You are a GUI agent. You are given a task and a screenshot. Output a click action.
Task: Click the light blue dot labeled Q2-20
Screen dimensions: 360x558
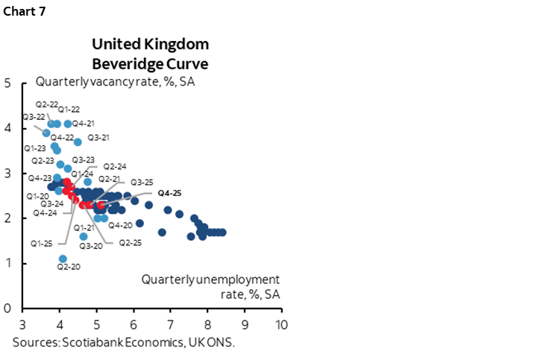pos(63,259)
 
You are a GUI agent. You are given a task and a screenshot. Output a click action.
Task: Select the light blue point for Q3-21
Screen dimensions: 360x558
pos(78,142)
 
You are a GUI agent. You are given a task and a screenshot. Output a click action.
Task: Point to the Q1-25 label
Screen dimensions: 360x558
pos(42,243)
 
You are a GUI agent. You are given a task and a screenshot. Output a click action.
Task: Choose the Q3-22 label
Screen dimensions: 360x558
pos(34,116)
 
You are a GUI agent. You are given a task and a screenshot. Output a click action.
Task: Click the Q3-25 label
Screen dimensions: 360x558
pos(142,182)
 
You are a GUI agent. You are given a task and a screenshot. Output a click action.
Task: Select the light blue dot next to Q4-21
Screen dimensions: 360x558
pos(68,124)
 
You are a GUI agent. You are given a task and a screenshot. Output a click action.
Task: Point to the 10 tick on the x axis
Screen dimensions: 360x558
pos(281,325)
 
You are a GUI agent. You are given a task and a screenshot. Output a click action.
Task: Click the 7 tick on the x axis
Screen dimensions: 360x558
pos(170,325)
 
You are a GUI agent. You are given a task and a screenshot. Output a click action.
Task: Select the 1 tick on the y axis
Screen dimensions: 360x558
pos(7,263)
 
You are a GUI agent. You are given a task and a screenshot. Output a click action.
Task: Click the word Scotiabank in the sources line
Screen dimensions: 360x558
pos(87,342)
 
